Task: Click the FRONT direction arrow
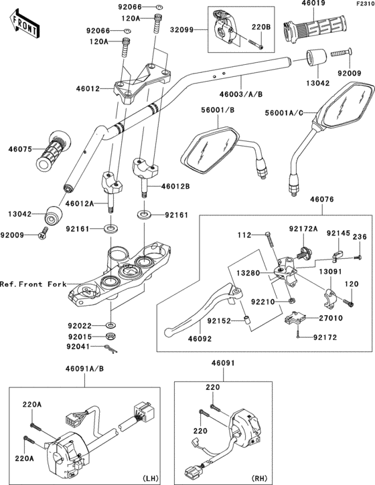pos(24,24)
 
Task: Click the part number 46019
pos(313,4)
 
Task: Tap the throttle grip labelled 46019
pos(314,27)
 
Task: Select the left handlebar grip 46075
pos(54,151)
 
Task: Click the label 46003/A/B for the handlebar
pos(241,94)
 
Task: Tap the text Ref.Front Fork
pos(33,284)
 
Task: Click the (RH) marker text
pos(260,478)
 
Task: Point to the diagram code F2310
pos(365,4)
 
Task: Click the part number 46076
pos(322,199)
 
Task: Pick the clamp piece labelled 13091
pos(330,298)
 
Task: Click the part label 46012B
pos(175,187)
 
